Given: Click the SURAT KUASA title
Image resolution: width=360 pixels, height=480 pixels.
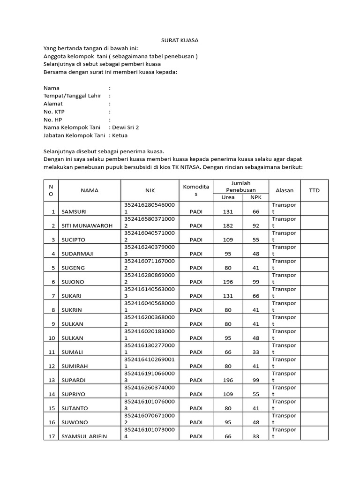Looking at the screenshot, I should click(180, 41).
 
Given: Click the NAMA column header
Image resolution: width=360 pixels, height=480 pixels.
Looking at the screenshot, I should click(90, 190).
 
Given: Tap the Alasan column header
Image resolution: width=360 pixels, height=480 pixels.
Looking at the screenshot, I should click(285, 190).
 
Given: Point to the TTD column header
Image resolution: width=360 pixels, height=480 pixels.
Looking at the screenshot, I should click(314, 190).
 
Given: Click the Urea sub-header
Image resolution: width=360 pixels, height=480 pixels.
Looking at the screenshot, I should click(228, 197).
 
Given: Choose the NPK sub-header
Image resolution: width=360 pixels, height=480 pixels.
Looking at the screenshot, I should click(255, 197).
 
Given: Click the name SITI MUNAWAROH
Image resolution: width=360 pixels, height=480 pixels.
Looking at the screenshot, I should click(87, 225).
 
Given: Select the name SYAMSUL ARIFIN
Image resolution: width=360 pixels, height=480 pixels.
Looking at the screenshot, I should click(84, 436).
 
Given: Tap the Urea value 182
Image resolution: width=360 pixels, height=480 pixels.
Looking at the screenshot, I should click(228, 225).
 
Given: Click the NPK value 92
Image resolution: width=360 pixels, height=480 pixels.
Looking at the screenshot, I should click(256, 225).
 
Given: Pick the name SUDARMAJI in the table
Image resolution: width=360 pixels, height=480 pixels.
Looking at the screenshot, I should click(78, 254).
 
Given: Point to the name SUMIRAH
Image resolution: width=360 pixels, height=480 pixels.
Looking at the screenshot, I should click(75, 366).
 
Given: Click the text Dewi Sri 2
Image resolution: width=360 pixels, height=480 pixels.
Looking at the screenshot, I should click(125, 127).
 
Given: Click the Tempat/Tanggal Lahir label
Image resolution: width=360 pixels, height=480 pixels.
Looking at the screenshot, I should click(72, 96).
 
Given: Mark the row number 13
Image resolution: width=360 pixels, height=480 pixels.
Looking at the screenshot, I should click(52, 380).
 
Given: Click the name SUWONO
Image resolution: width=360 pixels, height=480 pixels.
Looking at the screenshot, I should click(75, 422).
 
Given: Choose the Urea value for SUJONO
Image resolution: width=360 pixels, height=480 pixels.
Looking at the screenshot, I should click(228, 282).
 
